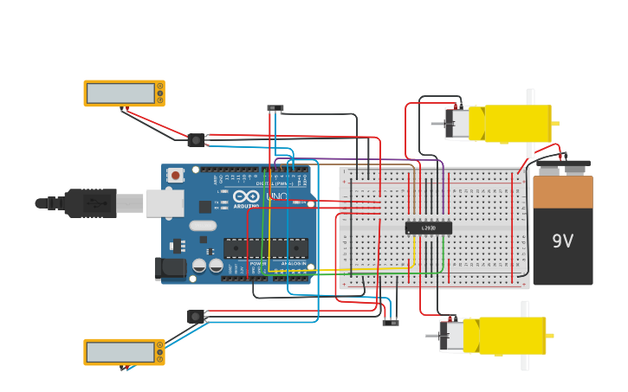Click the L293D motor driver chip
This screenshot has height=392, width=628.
[428, 228]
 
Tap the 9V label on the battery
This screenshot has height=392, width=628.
[562, 241]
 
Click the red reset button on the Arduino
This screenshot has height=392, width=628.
[176, 176]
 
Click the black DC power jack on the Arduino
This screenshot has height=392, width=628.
[170, 268]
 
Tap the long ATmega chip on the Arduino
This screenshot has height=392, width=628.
[265, 248]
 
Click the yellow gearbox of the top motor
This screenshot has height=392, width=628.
[517, 123]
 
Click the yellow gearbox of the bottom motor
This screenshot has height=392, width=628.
[512, 335]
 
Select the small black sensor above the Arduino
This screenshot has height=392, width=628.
[196, 139]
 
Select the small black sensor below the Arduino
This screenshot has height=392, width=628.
[196, 317]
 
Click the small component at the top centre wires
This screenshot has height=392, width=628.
[275, 108]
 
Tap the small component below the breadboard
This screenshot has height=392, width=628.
[391, 323]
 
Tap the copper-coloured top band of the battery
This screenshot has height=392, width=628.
[562, 192]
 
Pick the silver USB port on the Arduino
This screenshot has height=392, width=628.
[165, 203]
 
